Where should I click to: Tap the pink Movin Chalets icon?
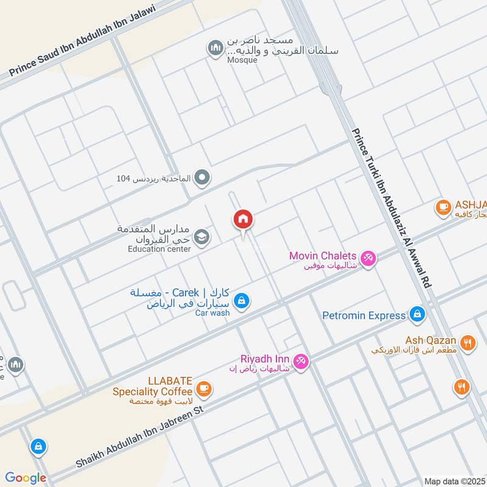[367, 258]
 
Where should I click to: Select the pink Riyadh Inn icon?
[301, 362]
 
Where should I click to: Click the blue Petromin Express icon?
[417, 314]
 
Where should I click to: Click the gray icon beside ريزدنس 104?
[203, 178]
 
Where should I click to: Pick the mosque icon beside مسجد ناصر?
[215, 49]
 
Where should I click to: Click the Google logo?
[26, 478]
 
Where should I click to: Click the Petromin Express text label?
[364, 315]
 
